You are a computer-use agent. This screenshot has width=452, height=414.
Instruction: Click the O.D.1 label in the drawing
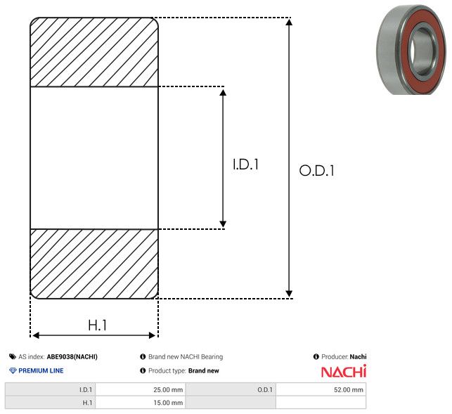click(317, 170)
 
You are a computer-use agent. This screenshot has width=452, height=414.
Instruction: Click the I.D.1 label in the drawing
click(245, 164)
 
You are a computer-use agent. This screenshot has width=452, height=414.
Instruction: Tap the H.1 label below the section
click(98, 325)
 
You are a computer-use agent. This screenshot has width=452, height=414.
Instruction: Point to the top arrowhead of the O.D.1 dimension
click(289, 22)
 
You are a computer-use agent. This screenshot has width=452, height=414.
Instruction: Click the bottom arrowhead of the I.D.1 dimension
click(223, 224)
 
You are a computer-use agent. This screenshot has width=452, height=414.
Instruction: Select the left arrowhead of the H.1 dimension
click(36, 335)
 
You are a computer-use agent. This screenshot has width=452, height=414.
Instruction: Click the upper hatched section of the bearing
click(94, 52)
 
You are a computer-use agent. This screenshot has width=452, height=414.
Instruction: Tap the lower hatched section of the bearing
click(94, 264)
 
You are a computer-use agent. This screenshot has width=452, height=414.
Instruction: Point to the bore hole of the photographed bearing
click(422, 52)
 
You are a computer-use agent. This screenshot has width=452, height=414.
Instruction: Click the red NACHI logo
click(344, 371)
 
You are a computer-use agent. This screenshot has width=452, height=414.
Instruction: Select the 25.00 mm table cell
click(141, 389)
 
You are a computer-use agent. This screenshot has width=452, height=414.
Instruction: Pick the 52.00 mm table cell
click(321, 389)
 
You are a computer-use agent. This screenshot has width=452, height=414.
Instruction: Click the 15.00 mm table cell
click(141, 403)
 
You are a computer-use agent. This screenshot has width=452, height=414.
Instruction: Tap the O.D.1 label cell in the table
click(231, 389)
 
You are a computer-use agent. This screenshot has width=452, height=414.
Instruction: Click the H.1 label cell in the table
click(50, 403)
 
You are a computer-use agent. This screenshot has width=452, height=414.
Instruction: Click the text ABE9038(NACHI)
click(72, 356)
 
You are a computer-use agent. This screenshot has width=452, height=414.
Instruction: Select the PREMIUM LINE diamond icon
click(13, 370)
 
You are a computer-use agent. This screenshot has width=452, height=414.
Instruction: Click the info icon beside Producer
click(316, 356)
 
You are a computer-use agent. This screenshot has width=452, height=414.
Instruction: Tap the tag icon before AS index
click(13, 356)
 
